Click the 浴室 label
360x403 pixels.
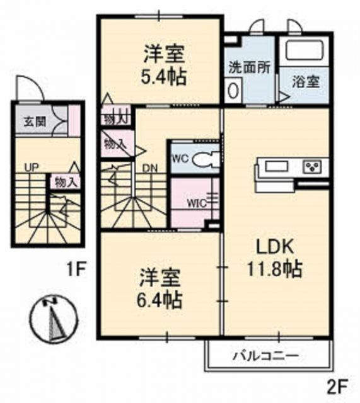tap(305, 81)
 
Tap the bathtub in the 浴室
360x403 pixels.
tap(302, 50)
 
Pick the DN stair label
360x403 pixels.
tap(150, 168)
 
